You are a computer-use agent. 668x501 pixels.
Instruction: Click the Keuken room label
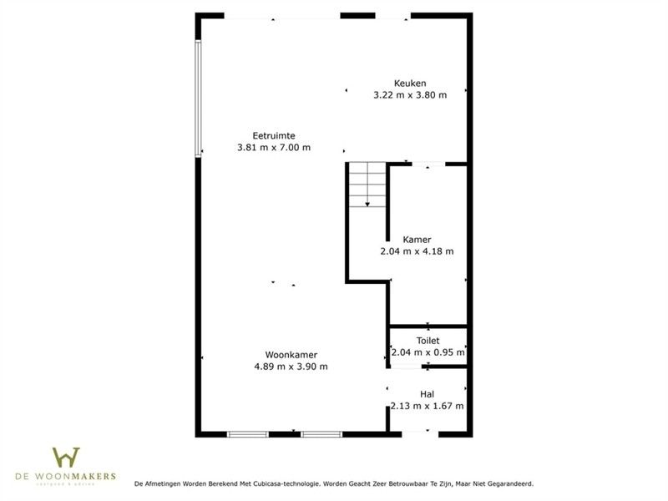click(410, 83)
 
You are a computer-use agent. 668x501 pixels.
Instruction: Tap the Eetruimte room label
click(274, 135)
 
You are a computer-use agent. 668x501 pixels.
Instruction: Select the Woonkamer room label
click(291, 354)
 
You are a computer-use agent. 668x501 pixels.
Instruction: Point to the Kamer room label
click(417, 239)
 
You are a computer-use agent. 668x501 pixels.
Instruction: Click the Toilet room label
click(428, 341)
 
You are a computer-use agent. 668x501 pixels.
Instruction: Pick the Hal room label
click(427, 394)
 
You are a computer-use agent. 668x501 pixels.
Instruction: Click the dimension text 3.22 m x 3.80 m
click(410, 95)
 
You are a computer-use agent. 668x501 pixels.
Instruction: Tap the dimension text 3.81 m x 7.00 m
click(274, 148)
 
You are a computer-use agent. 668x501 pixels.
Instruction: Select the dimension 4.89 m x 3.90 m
click(291, 367)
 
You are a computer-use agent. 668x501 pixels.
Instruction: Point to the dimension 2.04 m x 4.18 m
click(417, 251)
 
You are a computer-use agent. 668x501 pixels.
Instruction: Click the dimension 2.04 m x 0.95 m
click(428, 352)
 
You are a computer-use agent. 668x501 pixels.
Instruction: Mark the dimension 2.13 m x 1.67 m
click(427, 407)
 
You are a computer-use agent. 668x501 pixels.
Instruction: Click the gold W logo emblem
click(66, 457)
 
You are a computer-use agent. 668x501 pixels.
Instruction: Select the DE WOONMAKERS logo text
click(66, 477)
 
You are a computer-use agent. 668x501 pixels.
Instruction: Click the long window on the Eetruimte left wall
click(198, 99)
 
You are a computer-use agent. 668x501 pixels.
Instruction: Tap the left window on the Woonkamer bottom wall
click(248, 433)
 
